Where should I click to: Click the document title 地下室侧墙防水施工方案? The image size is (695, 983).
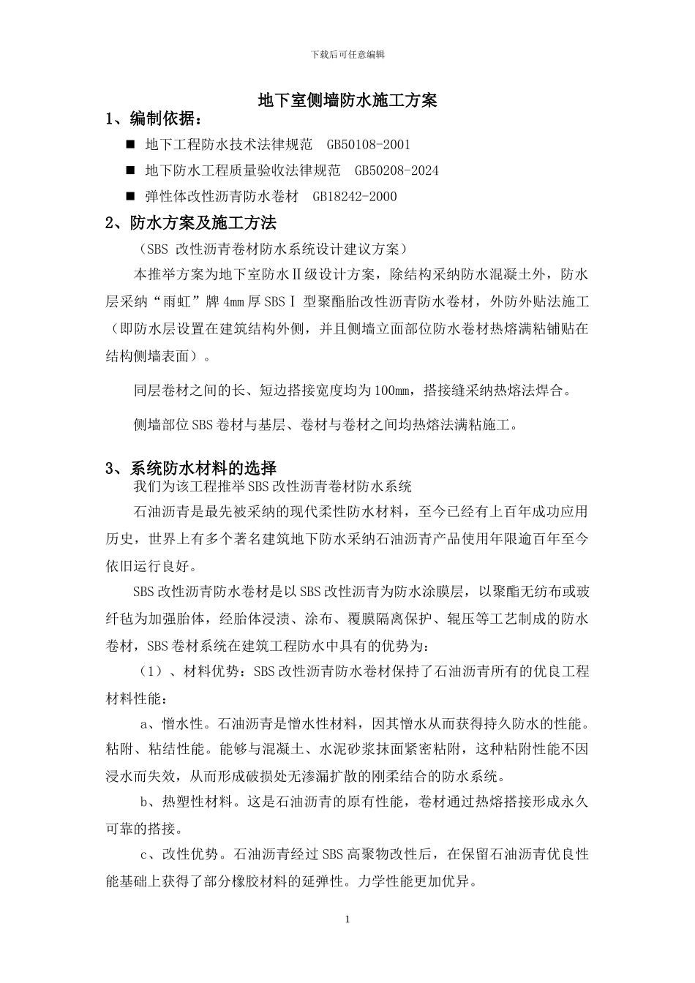pyautogui.click(x=347, y=101)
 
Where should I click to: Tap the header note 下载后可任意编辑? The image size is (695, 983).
pyautogui.click(x=347, y=55)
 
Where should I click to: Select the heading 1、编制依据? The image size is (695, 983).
pyautogui.click(x=154, y=119)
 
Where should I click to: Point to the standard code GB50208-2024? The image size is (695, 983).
pyautogui.click(x=397, y=170)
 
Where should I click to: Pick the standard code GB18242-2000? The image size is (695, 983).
pyautogui.click(x=354, y=196)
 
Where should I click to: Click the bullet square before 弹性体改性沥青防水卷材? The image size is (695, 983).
pyautogui.click(x=131, y=196)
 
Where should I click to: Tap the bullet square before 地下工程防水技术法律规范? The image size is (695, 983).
pyautogui.click(x=131, y=145)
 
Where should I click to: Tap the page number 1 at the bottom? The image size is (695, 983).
pyautogui.click(x=347, y=919)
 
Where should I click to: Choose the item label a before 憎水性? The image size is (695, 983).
pyautogui.click(x=144, y=724)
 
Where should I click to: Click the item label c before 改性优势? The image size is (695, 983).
pyautogui.click(x=144, y=854)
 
